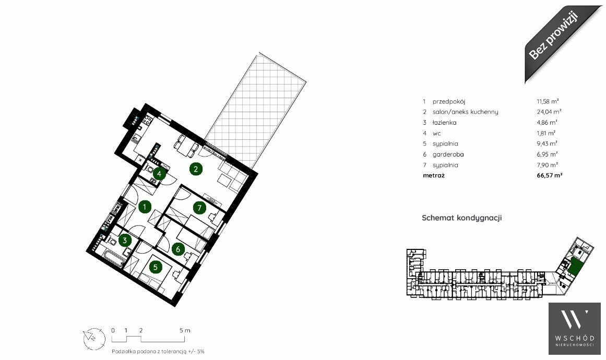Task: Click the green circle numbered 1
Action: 145,207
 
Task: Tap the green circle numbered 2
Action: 196,169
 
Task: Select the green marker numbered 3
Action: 124,241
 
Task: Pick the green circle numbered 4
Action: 159,174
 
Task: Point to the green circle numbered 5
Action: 156,267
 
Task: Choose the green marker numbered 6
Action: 178,249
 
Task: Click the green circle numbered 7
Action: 199,208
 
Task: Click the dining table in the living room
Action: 186,147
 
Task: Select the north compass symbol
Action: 94,339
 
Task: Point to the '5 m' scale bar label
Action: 185,330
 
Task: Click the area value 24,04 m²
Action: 549,112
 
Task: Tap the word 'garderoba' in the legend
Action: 448,154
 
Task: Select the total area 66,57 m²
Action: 549,175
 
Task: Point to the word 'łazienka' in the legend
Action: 444,123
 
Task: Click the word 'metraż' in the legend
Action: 434,175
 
